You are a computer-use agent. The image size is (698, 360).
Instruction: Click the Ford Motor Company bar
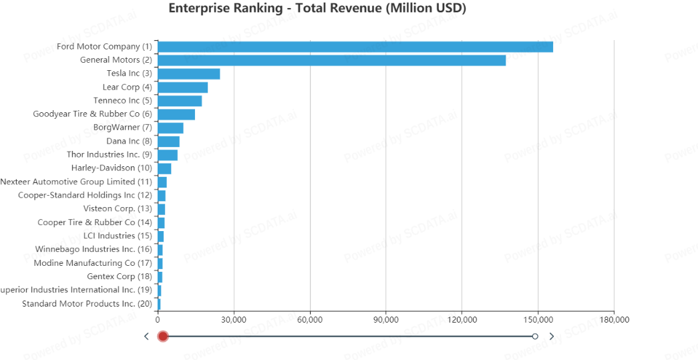355,47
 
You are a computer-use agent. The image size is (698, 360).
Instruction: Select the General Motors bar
331,60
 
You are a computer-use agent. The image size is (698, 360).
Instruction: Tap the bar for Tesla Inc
188,73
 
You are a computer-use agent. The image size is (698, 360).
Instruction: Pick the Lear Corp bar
182,87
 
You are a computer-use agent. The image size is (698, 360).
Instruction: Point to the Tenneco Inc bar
180,101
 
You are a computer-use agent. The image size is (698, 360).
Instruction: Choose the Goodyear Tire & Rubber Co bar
176,114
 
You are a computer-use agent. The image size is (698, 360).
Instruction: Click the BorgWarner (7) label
122,128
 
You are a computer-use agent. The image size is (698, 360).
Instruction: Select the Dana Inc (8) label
129,141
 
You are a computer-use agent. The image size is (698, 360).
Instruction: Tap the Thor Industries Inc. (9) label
109,155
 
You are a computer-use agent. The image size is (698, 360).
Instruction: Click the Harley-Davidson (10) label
112,168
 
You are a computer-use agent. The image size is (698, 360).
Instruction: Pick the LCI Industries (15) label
118,236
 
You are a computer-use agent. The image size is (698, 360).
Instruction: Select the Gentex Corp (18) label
120,277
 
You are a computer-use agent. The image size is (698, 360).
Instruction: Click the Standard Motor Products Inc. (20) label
87,304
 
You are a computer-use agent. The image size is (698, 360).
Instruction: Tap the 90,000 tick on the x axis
386,320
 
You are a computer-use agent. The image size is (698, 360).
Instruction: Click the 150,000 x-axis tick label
538,320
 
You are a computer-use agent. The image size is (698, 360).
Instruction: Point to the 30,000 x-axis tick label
234,320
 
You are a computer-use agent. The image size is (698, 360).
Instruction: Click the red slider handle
163,336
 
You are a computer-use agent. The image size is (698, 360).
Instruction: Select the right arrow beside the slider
552,336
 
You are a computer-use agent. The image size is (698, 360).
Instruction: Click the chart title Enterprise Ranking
317,9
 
